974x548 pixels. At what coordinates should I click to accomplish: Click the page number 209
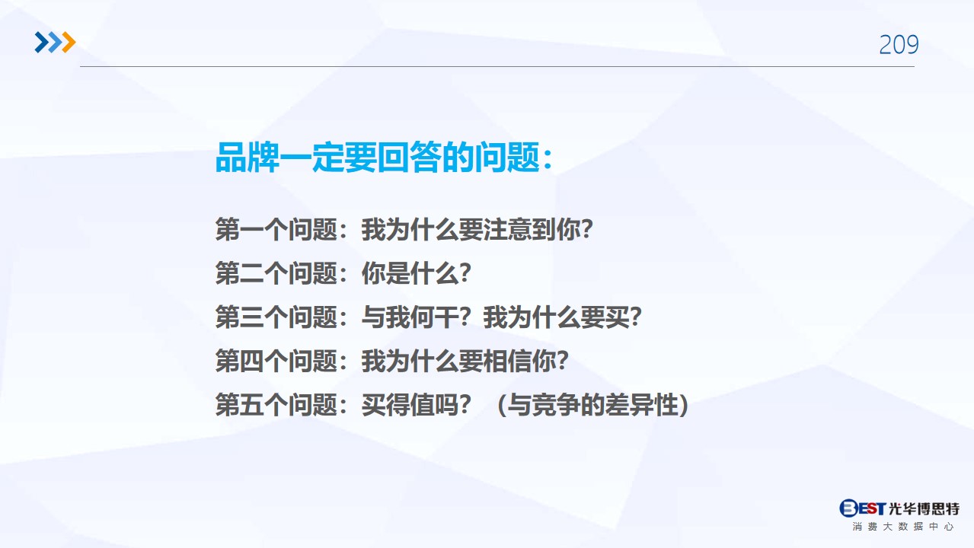pyautogui.click(x=899, y=44)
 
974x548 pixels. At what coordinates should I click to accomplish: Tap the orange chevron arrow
pyautogui.click(x=69, y=42)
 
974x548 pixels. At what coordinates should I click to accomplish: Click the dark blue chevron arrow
pyautogui.click(x=42, y=42)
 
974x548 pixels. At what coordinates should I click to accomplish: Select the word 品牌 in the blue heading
pyautogui.click(x=247, y=158)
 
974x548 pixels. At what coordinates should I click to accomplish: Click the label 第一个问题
pyautogui.click(x=276, y=229)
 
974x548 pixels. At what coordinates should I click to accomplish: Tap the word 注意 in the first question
pyautogui.click(x=507, y=229)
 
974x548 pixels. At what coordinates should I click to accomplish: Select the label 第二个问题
pyautogui.click(x=276, y=273)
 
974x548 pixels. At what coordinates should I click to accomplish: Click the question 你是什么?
pyautogui.click(x=417, y=273)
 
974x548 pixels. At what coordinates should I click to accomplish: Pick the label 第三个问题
pyautogui.click(x=276, y=317)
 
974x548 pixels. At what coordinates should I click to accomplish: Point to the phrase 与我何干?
pyautogui.click(x=417, y=317)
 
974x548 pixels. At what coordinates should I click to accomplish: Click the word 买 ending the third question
pyautogui.click(x=617, y=317)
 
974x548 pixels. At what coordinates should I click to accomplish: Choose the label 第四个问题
pyautogui.click(x=276, y=361)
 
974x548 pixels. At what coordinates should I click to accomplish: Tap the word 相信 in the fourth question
pyautogui.click(x=507, y=361)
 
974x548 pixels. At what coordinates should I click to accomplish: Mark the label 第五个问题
pyautogui.click(x=276, y=405)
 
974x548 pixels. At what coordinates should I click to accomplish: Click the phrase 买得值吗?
pyautogui.click(x=417, y=405)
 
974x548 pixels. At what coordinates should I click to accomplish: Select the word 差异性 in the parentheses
pyautogui.click(x=641, y=405)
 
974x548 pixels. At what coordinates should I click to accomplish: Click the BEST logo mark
pyautogui.click(x=863, y=508)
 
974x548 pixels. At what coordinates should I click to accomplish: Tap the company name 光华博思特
pyautogui.click(x=924, y=508)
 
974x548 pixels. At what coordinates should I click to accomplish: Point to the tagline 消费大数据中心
pyautogui.click(x=903, y=527)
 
